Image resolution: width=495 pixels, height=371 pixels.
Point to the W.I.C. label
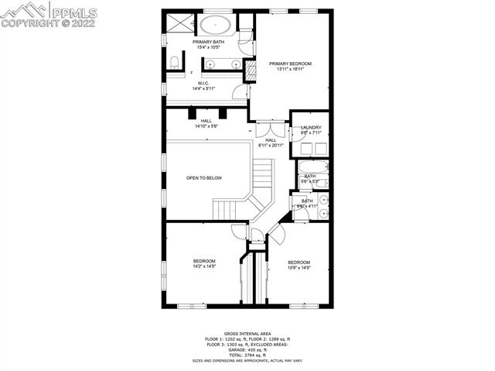click(x=203, y=83)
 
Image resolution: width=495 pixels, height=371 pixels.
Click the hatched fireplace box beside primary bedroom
click(x=250, y=71)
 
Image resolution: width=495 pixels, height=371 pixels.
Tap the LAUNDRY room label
click(x=311, y=128)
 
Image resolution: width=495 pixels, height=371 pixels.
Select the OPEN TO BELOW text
click(x=204, y=178)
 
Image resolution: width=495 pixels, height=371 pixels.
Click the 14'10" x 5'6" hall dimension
click(x=206, y=126)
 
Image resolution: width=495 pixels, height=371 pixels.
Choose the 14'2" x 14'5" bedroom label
click(x=204, y=261)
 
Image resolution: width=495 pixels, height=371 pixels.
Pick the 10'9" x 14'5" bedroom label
click(x=299, y=262)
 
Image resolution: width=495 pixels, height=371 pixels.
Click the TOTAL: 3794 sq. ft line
click(x=247, y=355)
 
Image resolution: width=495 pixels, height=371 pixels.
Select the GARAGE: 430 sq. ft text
click(x=247, y=349)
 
